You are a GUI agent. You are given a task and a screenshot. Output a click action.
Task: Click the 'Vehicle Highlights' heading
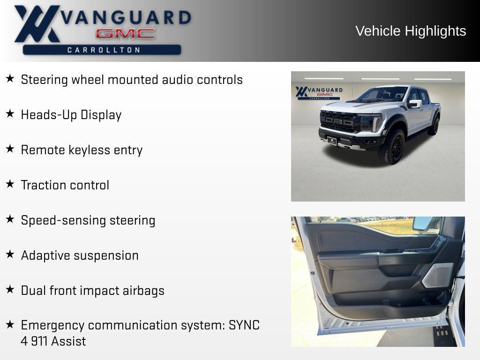(411, 31)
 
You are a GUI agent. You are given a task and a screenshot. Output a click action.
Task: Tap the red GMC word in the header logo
(125, 34)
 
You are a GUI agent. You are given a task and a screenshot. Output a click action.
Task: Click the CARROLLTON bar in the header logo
(102, 50)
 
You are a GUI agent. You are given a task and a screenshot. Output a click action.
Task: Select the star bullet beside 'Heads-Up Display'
(10, 113)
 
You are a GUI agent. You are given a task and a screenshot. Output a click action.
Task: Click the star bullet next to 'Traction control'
(10, 184)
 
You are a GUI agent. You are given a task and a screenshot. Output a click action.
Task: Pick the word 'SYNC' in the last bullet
(244, 325)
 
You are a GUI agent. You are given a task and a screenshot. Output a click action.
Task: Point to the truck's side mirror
(415, 104)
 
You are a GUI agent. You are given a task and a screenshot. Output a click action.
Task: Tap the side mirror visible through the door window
(423, 224)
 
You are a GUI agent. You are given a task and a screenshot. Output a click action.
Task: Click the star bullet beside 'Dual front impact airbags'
(10, 289)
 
